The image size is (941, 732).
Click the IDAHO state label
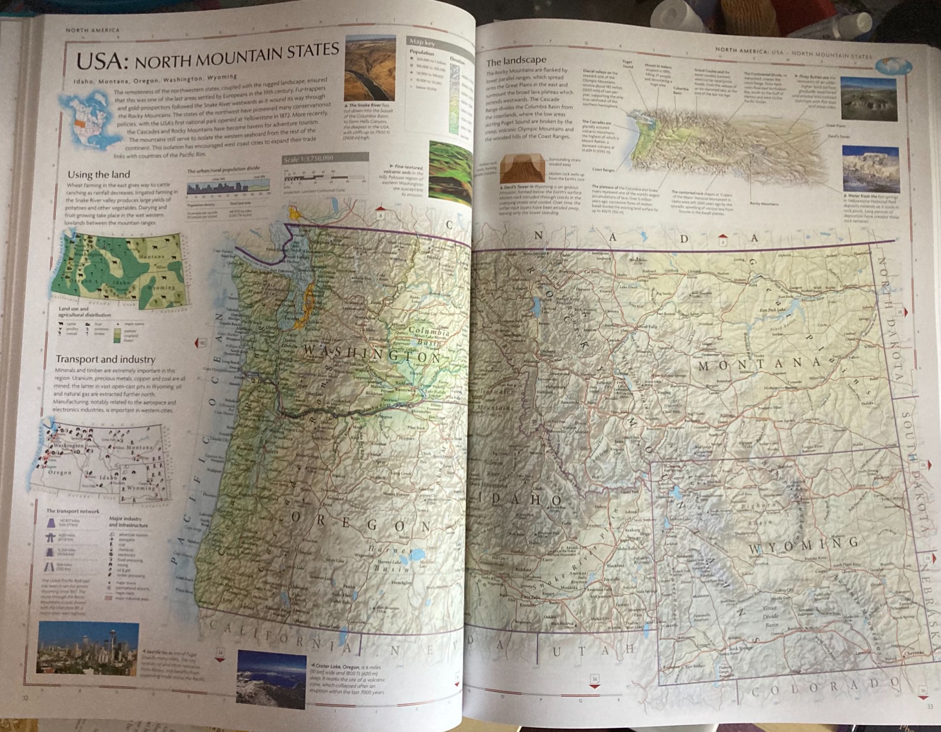tap(517, 500)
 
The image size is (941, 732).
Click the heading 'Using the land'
tap(99, 174)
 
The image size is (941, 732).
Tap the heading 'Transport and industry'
tap(105, 359)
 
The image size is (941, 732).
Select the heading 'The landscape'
tap(516, 60)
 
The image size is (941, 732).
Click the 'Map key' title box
tap(423, 42)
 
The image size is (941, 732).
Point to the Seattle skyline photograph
tap(88, 648)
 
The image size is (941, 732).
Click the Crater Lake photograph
tap(271, 677)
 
